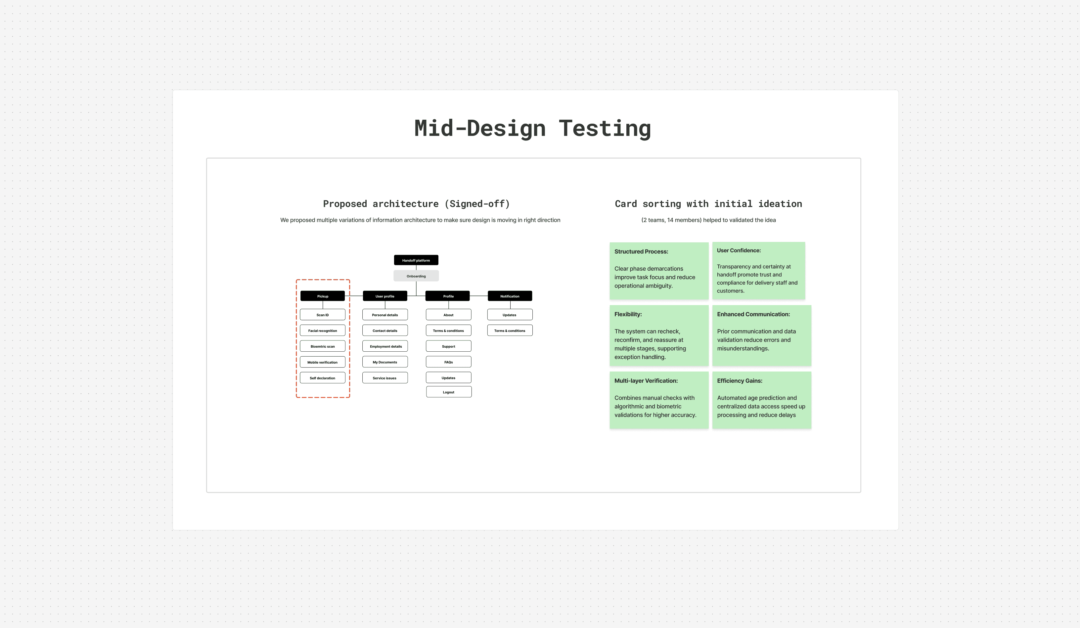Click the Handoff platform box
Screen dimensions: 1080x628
[416, 260]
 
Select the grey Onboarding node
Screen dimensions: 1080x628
[416, 276]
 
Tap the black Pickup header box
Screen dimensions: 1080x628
[322, 296]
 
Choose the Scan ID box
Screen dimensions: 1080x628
[322, 315]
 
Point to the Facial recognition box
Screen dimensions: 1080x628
[322, 331]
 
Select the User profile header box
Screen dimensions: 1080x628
[384, 296]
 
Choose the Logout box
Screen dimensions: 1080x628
[448, 392]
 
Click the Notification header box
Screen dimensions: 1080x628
[510, 296]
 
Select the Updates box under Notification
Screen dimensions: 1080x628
[509, 315]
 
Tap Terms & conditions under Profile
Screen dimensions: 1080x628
[448, 331]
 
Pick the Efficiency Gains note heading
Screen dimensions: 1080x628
[739, 380]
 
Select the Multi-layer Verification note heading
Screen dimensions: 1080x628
[646, 380]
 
